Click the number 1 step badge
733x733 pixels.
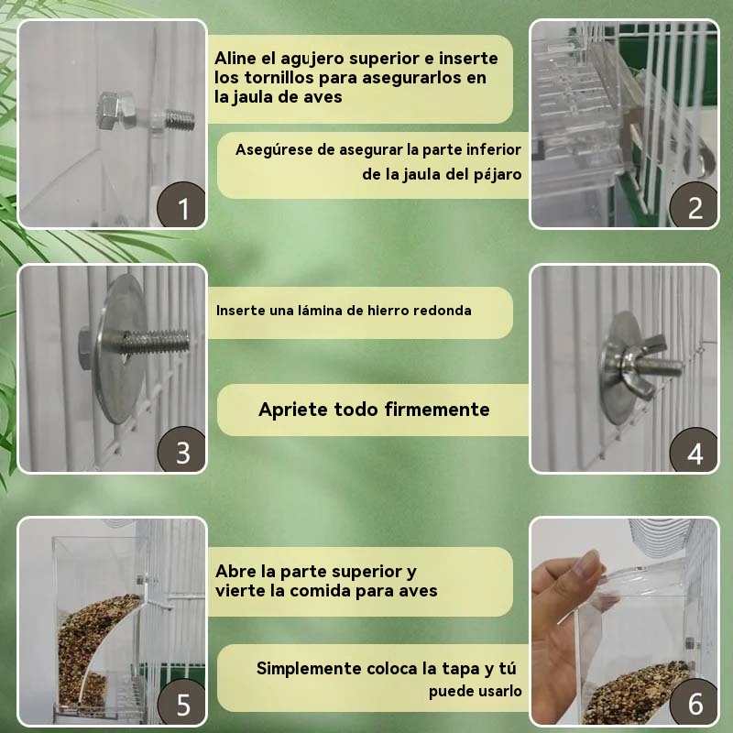[x=181, y=205]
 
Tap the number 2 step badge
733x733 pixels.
[x=695, y=205]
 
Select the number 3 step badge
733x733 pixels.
[x=181, y=450]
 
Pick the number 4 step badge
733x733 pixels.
[x=695, y=451]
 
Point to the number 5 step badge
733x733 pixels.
[x=181, y=703]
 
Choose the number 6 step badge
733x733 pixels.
[x=695, y=703]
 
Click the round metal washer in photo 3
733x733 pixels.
[x=119, y=348]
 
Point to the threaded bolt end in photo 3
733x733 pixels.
[x=156, y=342]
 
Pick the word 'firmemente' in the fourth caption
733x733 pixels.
[x=437, y=410]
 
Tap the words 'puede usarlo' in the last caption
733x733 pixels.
[x=475, y=692]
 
